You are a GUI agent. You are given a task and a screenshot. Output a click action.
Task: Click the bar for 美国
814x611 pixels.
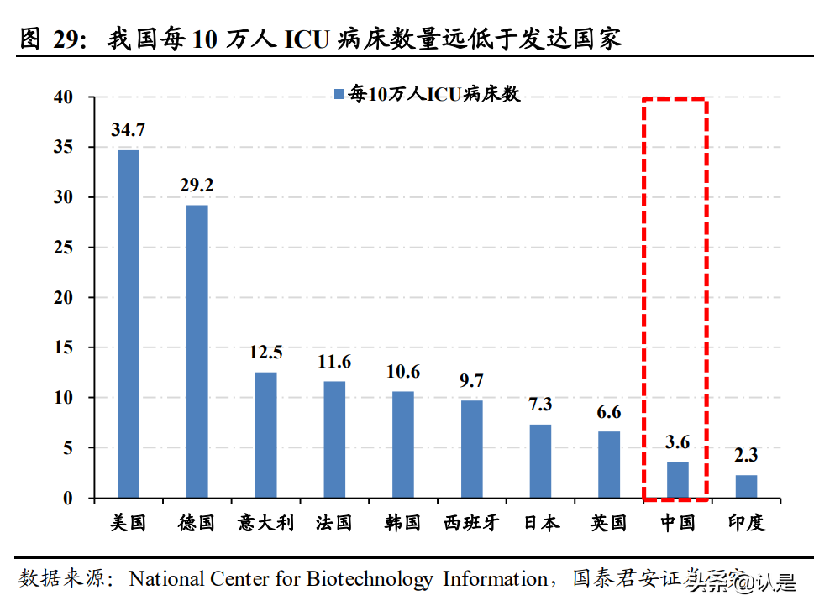click(129, 324)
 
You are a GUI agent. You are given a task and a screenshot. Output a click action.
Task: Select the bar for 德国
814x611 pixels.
click(197, 352)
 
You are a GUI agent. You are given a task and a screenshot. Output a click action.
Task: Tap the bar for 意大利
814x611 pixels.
click(266, 435)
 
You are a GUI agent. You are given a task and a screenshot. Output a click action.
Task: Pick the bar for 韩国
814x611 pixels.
click(403, 445)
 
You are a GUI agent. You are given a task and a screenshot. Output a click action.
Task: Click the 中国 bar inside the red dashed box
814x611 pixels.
click(677, 480)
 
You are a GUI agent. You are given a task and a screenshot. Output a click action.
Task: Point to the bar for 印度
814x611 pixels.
click(746, 487)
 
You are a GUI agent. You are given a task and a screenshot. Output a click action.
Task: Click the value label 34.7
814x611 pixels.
click(129, 130)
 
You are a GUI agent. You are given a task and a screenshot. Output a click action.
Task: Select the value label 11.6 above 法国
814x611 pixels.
click(334, 363)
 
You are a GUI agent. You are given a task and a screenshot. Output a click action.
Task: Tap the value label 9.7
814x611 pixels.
click(471, 381)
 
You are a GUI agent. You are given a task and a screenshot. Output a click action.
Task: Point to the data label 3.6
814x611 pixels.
click(677, 442)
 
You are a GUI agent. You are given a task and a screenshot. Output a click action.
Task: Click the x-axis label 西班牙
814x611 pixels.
click(471, 523)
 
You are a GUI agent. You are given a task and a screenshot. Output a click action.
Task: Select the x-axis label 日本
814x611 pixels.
click(540, 523)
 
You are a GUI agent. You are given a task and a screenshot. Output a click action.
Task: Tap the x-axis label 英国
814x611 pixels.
click(608, 523)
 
